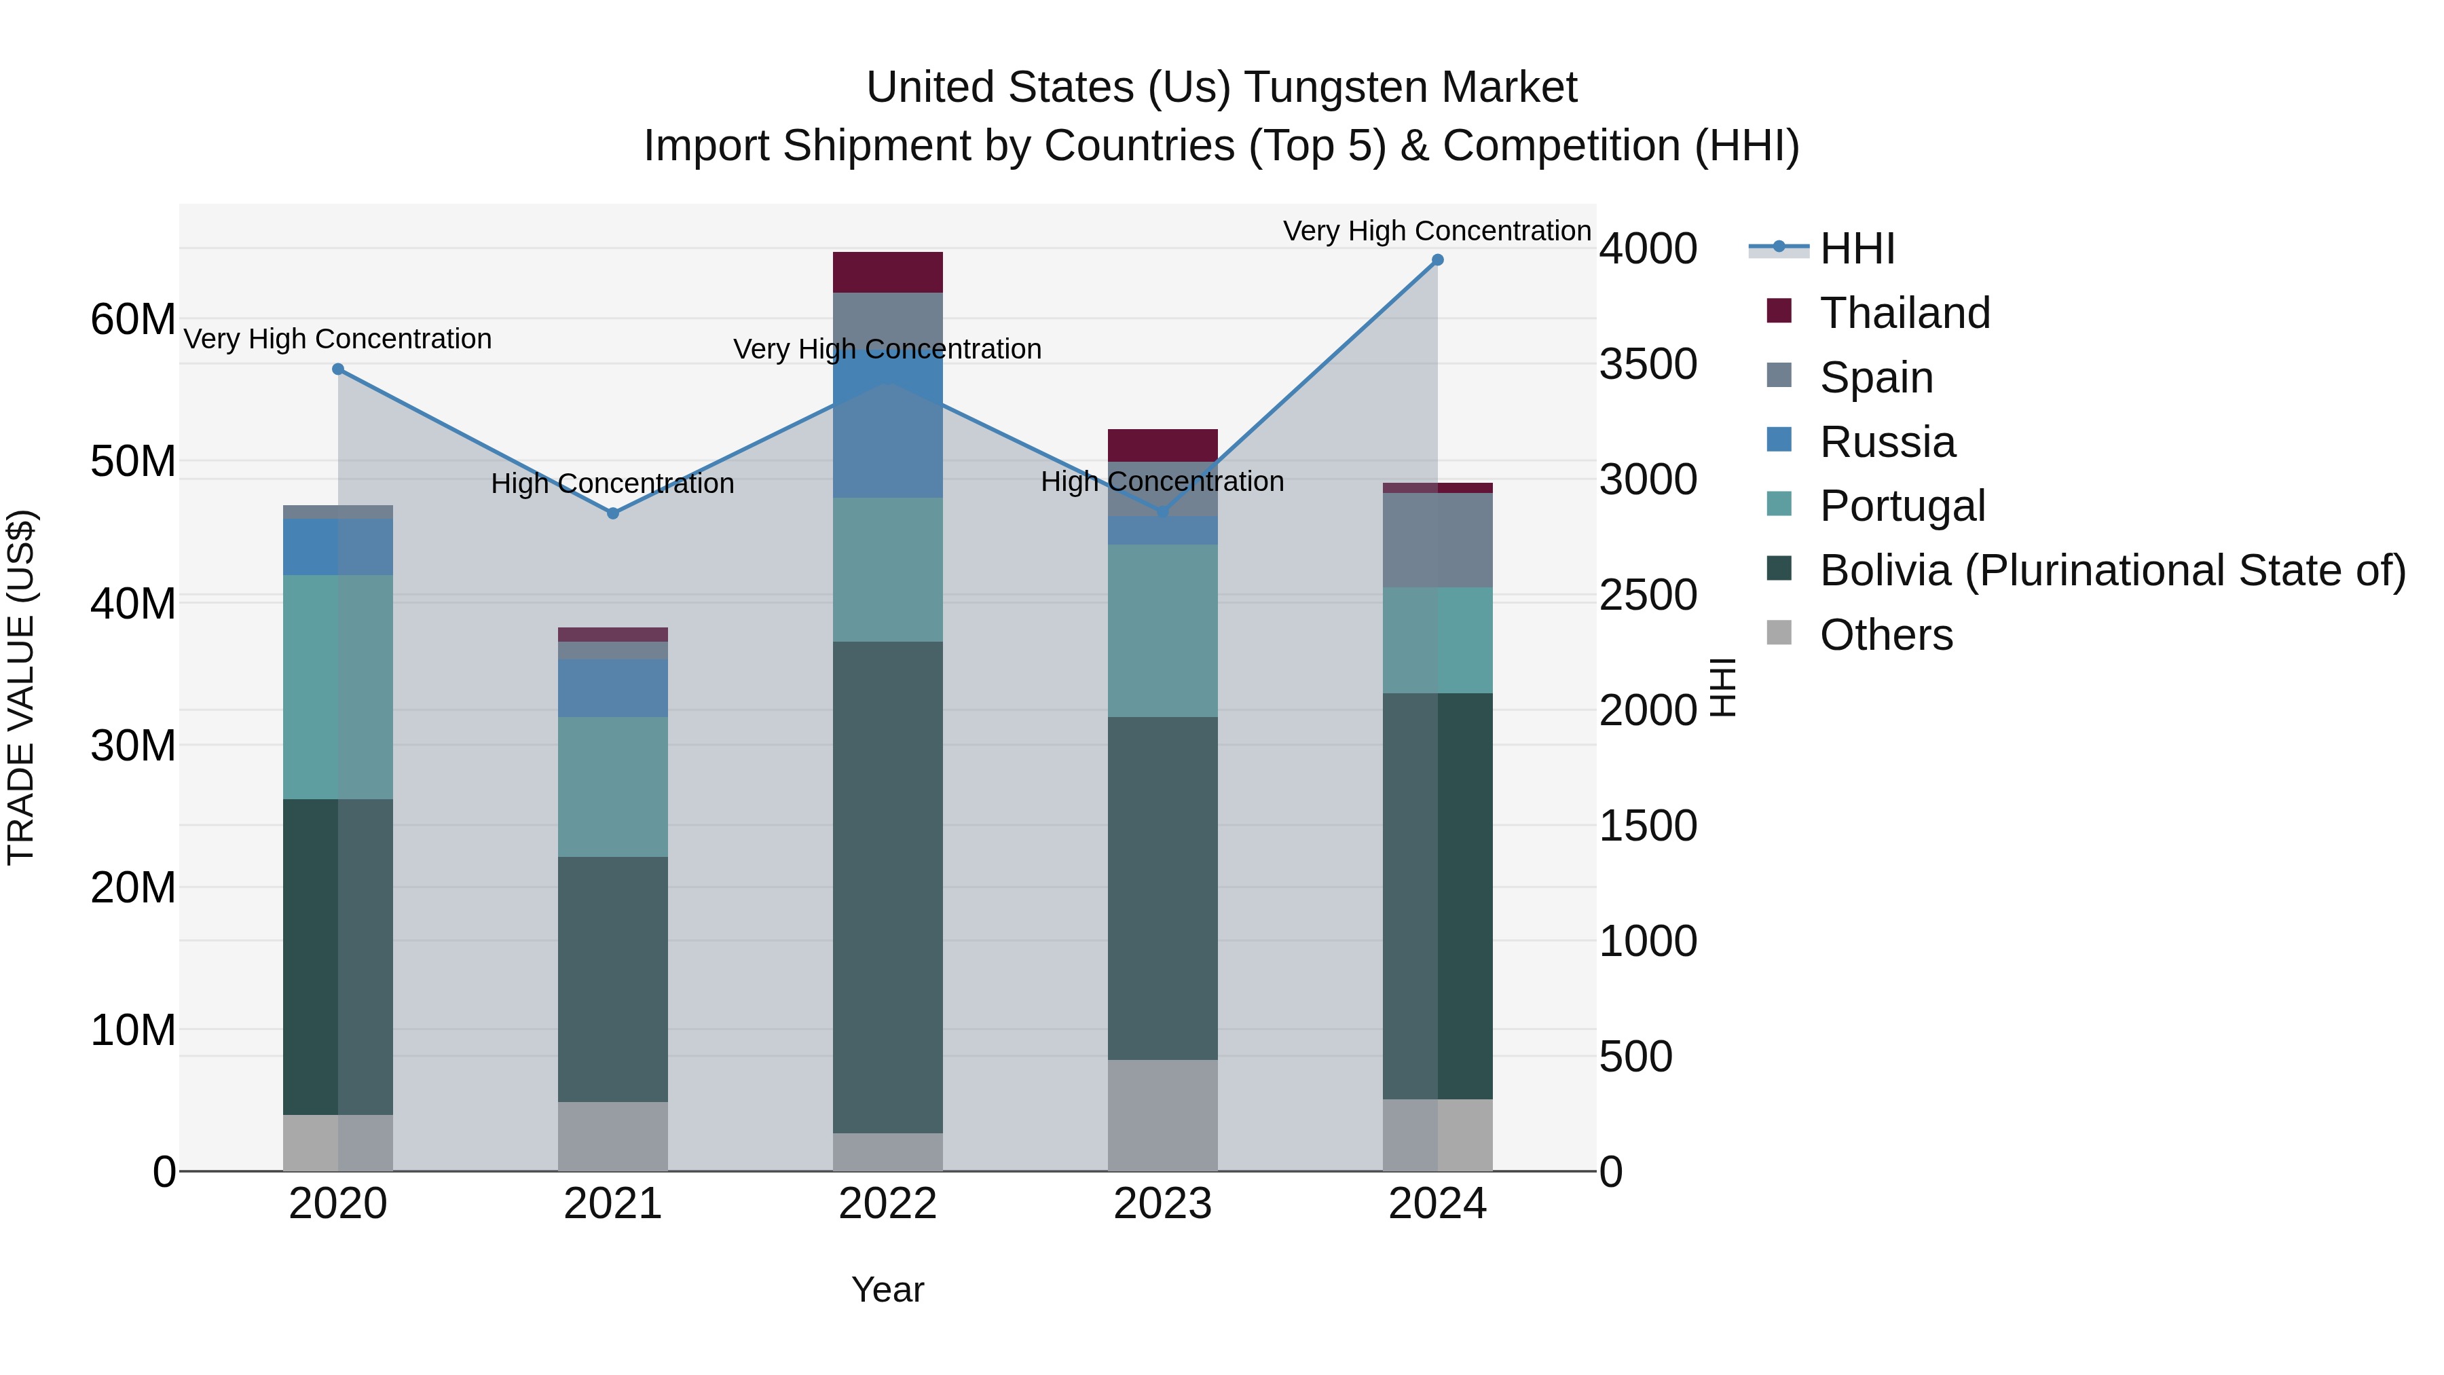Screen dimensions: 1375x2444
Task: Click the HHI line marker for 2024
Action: tap(1437, 260)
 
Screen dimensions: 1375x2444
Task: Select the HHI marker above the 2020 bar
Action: tap(338, 369)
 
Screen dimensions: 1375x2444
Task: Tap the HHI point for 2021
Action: tap(613, 513)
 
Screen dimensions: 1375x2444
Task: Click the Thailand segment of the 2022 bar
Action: tap(887, 272)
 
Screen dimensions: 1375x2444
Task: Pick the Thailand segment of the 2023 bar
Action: tap(1162, 445)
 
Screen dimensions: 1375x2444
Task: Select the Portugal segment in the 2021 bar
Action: tap(613, 787)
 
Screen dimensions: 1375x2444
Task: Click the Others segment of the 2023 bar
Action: tap(1162, 1115)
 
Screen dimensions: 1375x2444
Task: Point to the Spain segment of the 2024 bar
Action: tap(1437, 540)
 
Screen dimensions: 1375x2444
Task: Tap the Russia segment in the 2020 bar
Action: tap(338, 547)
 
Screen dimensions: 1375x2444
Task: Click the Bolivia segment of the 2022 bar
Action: tap(887, 887)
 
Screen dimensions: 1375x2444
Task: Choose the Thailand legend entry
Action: tap(1904, 313)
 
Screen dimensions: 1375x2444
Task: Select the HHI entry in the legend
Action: tap(1857, 249)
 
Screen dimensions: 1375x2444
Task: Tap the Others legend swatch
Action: tap(1779, 633)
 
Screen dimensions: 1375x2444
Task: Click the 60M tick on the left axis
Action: tap(133, 320)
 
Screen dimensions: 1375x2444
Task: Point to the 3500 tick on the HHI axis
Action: tap(1648, 365)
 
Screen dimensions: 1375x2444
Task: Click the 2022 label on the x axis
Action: tap(887, 1204)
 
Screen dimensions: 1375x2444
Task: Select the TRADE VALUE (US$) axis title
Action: tap(21, 687)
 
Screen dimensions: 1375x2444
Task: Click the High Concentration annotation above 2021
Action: tap(613, 484)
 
